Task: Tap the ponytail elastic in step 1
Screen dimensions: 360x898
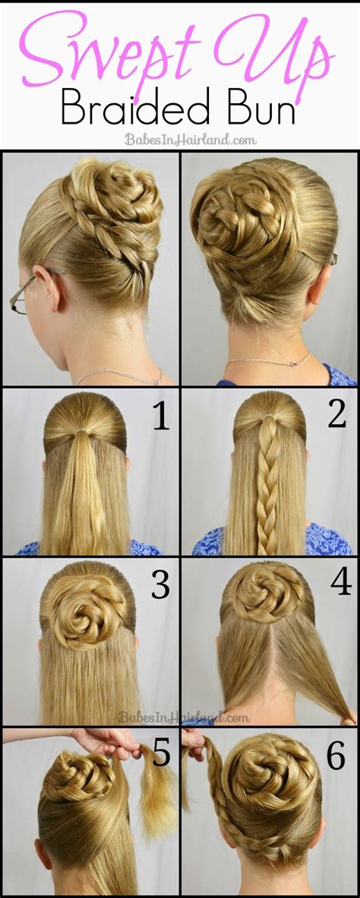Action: click(84, 430)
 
